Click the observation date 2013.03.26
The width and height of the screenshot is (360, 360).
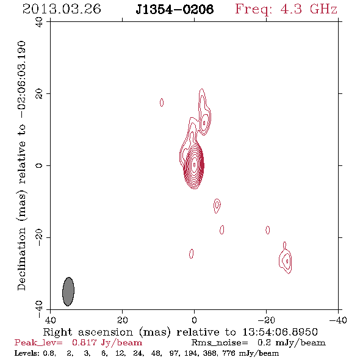[x=62, y=9]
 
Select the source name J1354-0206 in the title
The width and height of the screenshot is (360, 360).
[x=175, y=9]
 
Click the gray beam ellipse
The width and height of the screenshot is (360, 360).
[x=68, y=292]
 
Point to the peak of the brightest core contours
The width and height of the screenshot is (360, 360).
[x=195, y=165]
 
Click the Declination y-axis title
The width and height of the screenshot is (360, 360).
[x=21, y=165]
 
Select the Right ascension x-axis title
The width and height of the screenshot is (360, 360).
[x=180, y=332]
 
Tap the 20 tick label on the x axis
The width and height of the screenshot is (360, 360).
[x=123, y=320]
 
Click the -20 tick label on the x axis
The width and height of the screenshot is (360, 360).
[x=266, y=320]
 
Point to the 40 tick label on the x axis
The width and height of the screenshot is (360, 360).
[x=50, y=320]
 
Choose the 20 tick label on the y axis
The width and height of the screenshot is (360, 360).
[x=39, y=94]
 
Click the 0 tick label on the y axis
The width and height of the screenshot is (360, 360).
[x=39, y=165]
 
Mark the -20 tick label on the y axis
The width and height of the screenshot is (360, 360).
[x=39, y=237]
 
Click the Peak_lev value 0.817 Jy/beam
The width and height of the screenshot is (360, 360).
[x=107, y=343]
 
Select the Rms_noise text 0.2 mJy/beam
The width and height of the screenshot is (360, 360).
[x=292, y=343]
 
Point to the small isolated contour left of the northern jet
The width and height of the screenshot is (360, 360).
[x=162, y=103]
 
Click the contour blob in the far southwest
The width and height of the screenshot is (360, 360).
[x=286, y=259]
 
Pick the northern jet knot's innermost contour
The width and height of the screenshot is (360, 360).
[x=204, y=123]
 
